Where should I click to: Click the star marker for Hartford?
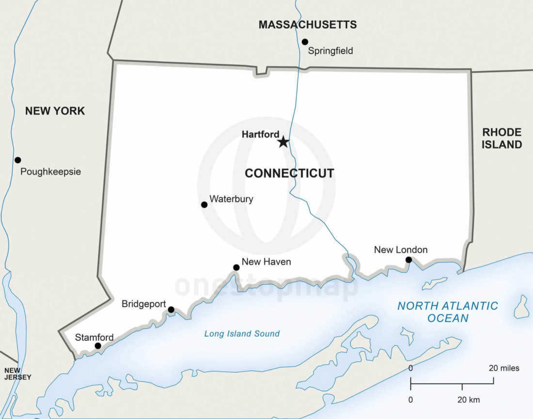click(283, 142)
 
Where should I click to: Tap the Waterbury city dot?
click(204, 205)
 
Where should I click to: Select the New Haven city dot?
click(236, 267)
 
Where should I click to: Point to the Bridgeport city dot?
click(171, 310)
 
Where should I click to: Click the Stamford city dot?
click(98, 346)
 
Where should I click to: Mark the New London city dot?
click(408, 260)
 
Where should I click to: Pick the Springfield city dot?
click(305, 42)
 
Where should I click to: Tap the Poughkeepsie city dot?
click(18, 160)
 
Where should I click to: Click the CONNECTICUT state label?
click(289, 173)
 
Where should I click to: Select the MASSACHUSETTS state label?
click(307, 25)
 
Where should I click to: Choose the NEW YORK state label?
click(55, 111)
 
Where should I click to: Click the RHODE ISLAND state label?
click(502, 139)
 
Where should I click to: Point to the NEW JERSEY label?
click(17, 374)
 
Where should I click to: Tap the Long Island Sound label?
click(242, 334)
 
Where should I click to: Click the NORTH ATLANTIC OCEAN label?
click(447, 312)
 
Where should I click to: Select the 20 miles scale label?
click(503, 368)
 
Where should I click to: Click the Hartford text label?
click(260, 135)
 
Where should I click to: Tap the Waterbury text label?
click(231, 199)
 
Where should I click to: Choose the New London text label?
click(401, 250)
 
